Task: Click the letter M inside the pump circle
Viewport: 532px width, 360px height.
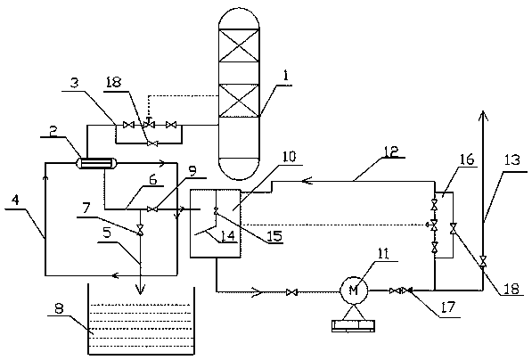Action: [354, 290]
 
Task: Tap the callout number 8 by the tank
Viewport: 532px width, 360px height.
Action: [60, 309]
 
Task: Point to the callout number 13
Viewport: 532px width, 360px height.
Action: [512, 160]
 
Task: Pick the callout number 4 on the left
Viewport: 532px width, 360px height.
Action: [15, 200]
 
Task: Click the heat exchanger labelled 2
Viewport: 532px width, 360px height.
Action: [94, 163]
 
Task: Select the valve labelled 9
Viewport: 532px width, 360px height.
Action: [152, 209]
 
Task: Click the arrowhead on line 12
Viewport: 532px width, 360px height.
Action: [307, 182]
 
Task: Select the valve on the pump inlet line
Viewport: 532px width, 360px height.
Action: [291, 291]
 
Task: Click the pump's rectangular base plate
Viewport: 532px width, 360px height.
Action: [354, 325]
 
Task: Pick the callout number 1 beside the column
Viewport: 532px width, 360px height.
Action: [286, 75]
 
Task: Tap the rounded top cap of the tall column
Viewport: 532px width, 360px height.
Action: [239, 18]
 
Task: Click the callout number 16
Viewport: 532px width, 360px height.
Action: [467, 160]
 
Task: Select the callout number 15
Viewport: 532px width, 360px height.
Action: [274, 236]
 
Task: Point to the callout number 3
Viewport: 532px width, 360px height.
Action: [75, 83]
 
